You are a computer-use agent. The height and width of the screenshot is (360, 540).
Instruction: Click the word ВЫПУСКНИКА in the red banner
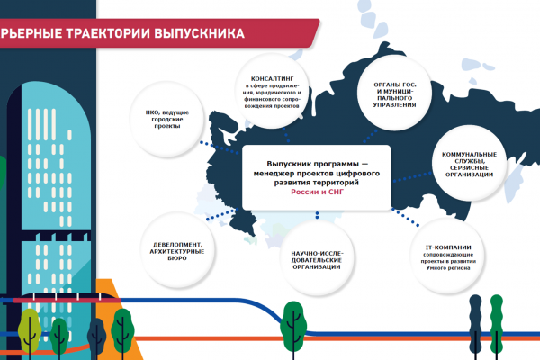click(x=200, y=33)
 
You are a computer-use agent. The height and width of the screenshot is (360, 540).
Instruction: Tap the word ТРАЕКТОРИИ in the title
click(x=108, y=33)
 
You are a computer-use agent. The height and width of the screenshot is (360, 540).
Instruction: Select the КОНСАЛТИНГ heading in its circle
click(x=272, y=79)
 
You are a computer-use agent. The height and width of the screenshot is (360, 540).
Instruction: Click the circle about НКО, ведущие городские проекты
click(x=167, y=119)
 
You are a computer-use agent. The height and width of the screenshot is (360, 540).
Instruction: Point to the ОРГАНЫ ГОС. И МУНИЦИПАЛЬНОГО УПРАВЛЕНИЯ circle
click(x=395, y=93)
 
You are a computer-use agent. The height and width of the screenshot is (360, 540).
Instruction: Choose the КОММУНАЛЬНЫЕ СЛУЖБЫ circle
click(x=469, y=163)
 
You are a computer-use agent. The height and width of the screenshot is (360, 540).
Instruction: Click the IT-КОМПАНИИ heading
click(x=448, y=247)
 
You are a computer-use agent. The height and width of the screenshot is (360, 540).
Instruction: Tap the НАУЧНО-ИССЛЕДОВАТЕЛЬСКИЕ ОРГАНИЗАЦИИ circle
click(x=317, y=258)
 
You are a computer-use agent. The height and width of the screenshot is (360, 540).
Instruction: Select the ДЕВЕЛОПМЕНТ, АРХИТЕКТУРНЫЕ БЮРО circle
click(x=177, y=250)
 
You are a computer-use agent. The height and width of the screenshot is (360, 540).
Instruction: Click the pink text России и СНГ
click(x=317, y=193)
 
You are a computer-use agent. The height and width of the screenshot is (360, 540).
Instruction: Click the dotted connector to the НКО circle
click(x=220, y=148)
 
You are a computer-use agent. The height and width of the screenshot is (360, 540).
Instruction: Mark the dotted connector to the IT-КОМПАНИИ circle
click(x=405, y=218)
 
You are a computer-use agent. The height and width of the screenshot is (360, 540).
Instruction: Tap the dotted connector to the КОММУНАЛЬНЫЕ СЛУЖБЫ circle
click(x=412, y=177)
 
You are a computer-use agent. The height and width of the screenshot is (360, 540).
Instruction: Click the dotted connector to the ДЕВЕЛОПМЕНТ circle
click(x=222, y=214)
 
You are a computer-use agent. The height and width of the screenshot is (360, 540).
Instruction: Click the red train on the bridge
click(x=67, y=298)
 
